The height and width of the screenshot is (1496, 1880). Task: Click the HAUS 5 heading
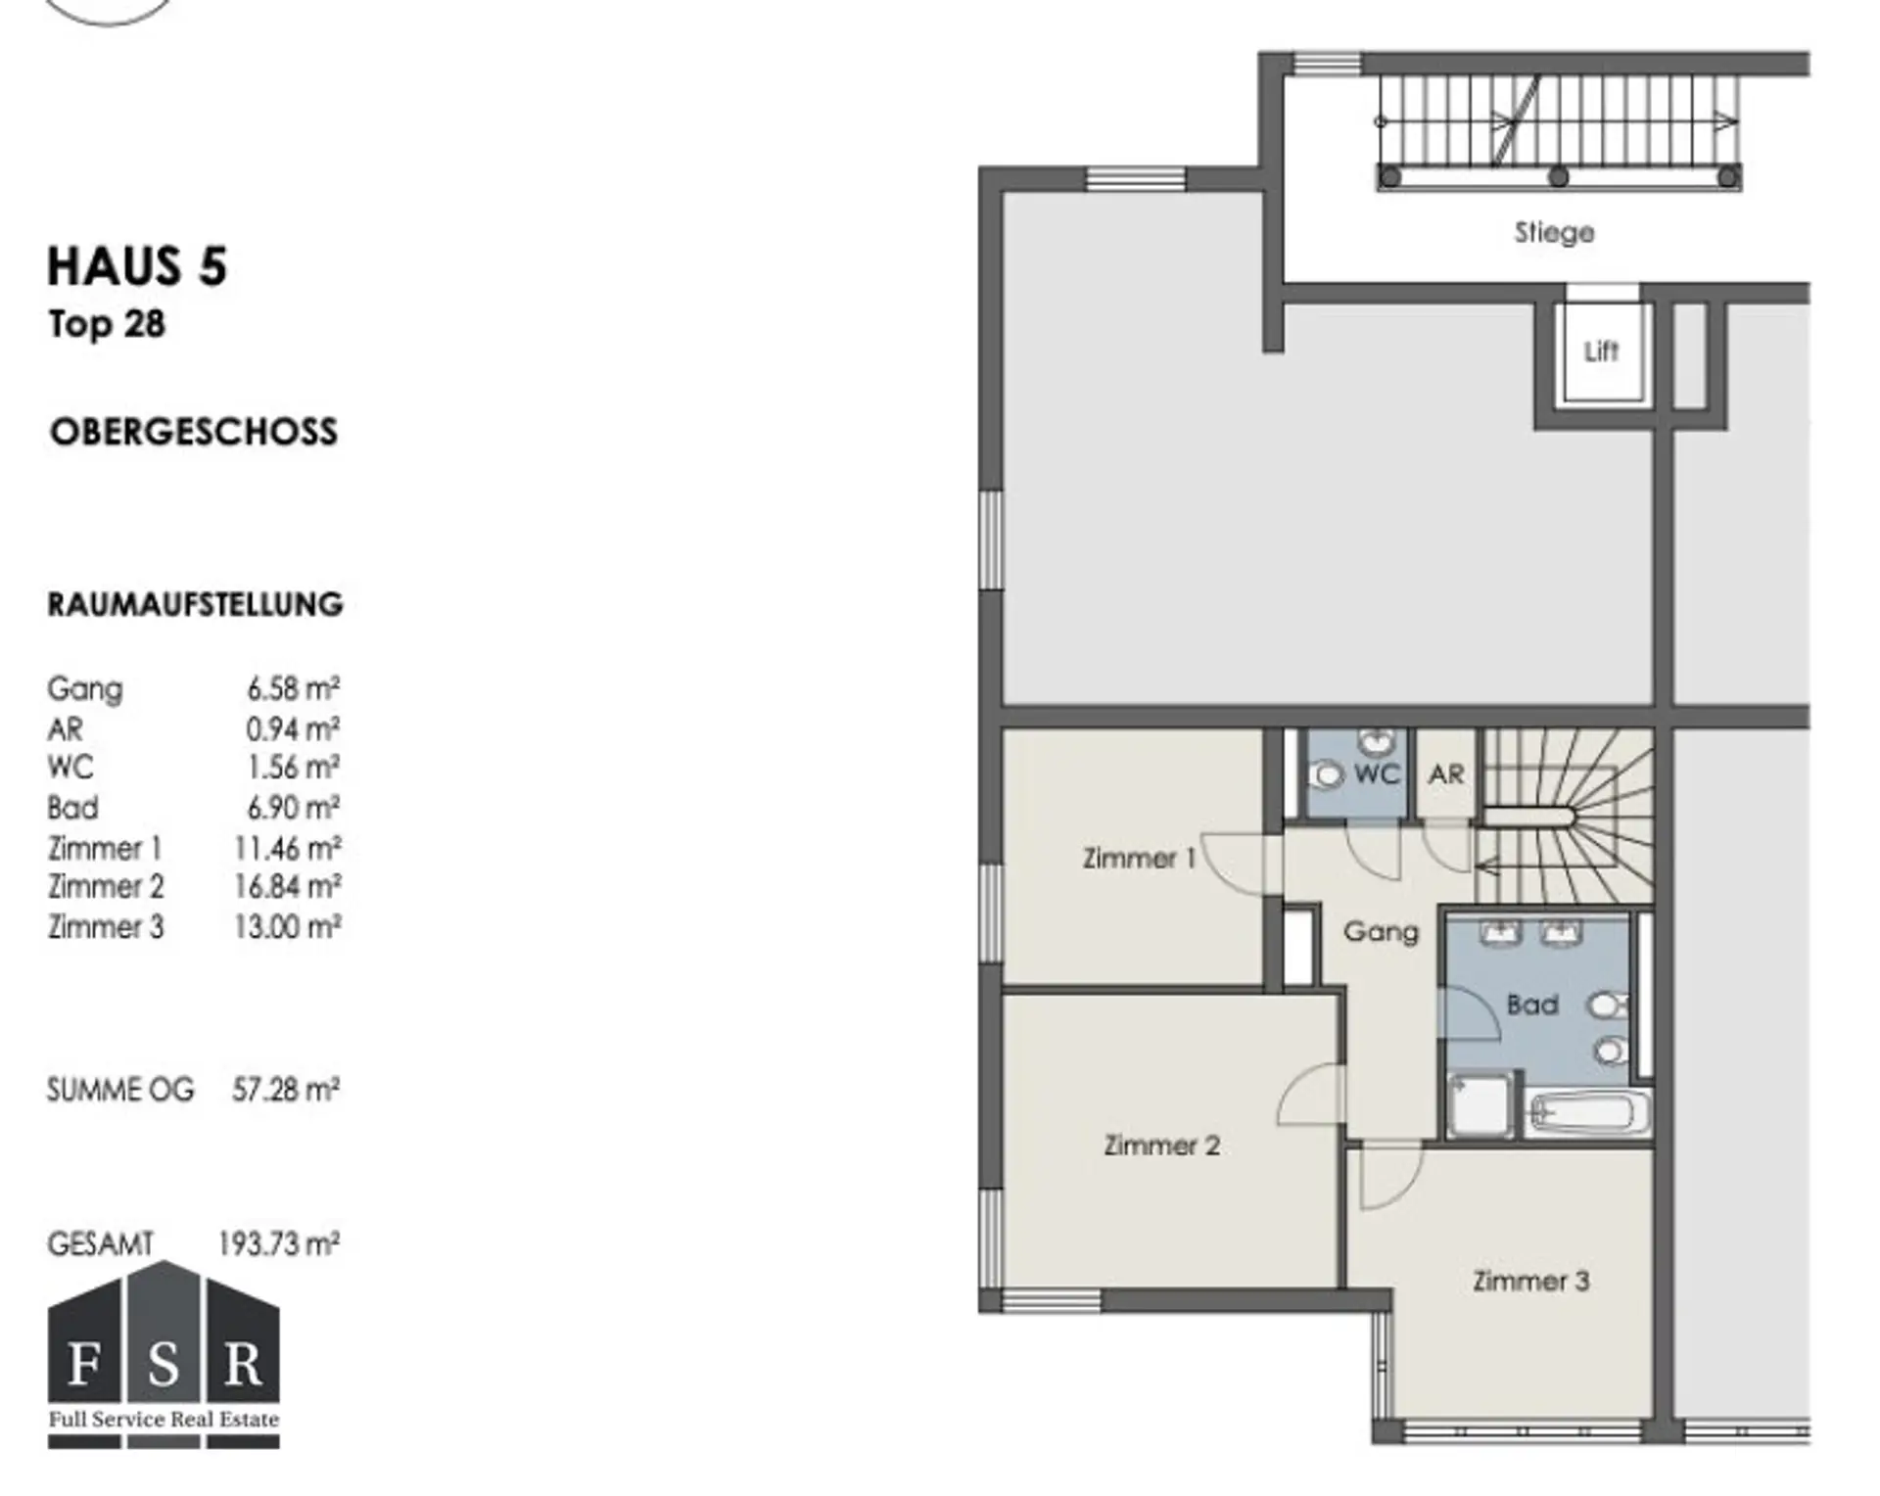[x=137, y=267]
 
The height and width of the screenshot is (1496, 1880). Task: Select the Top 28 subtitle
[x=107, y=324]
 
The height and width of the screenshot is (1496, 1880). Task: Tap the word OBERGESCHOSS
[x=194, y=432]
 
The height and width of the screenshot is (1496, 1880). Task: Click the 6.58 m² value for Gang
[x=293, y=688]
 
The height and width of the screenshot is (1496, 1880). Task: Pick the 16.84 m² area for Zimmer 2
[x=287, y=886]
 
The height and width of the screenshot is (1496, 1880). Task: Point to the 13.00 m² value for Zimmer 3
[x=287, y=926]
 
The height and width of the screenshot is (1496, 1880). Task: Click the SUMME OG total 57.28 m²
[x=286, y=1089]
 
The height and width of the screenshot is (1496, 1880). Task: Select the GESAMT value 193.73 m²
[x=278, y=1243]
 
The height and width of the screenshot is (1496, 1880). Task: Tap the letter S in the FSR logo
[x=164, y=1365]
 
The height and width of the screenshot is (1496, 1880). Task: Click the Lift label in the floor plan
[x=1601, y=351]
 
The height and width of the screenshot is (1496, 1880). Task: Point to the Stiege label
[x=1554, y=233]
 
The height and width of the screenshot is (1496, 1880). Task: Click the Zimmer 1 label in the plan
[x=1139, y=859]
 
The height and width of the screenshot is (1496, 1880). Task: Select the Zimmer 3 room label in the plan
[x=1530, y=1281]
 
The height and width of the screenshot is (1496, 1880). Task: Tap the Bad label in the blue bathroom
[x=1532, y=1005]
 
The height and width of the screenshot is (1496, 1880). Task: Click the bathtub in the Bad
[x=1587, y=1113]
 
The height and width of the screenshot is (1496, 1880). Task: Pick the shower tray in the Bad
[x=1480, y=1105]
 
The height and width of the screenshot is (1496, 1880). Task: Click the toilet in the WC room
[x=1328, y=775]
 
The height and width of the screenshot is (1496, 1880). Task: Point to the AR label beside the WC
[x=1446, y=774]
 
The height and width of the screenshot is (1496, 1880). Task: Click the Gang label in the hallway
[x=1381, y=931]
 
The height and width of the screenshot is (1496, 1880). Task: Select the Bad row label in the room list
[x=72, y=808]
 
